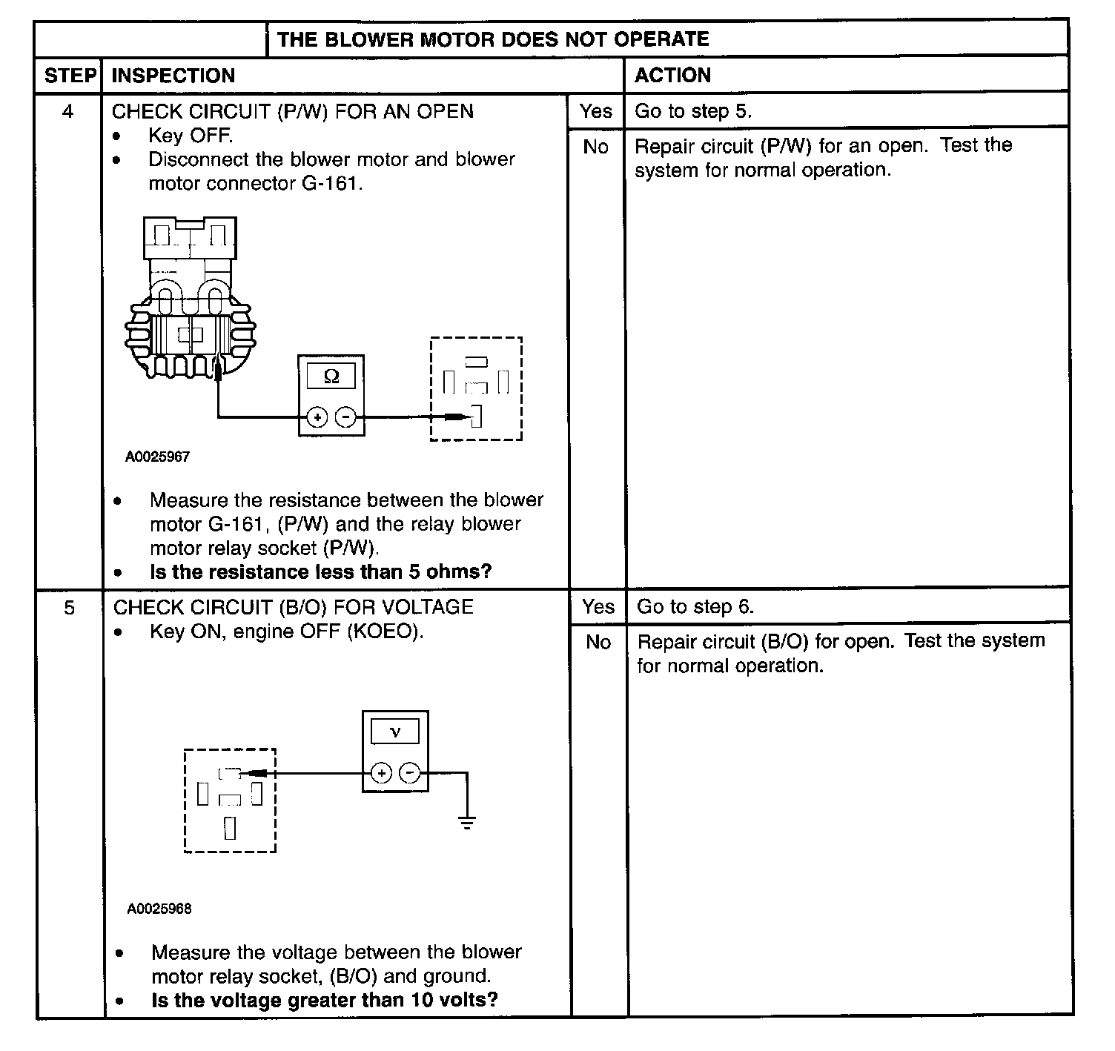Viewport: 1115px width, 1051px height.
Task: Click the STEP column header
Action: [x=70, y=76]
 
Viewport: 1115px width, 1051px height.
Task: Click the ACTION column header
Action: [x=672, y=75]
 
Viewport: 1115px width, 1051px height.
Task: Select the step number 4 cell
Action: [x=67, y=111]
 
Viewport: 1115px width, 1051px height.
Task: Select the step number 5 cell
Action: [x=69, y=608]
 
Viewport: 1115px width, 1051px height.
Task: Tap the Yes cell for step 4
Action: [x=596, y=111]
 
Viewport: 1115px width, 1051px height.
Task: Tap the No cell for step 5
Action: [x=598, y=642]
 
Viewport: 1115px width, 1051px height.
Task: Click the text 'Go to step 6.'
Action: [x=695, y=607]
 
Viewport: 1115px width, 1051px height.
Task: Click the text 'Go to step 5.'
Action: [x=693, y=111]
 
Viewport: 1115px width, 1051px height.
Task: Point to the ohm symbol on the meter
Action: [x=331, y=377]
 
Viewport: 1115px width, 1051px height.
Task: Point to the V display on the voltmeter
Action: [x=395, y=732]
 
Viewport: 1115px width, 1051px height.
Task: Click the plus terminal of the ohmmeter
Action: [x=317, y=417]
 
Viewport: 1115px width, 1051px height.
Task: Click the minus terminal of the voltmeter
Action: [x=410, y=773]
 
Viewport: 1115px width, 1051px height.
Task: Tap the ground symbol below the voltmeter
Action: [x=467, y=821]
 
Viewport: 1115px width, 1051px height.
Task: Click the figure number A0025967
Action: [x=157, y=457]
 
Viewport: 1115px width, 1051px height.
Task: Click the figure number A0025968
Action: [x=159, y=909]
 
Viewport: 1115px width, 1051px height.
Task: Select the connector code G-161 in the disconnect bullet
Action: [x=331, y=183]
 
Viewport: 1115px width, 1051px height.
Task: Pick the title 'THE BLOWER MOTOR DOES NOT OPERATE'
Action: [x=493, y=39]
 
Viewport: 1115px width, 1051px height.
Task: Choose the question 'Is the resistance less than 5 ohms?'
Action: [x=320, y=571]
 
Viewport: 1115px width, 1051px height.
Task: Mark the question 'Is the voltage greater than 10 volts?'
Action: [x=324, y=1000]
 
